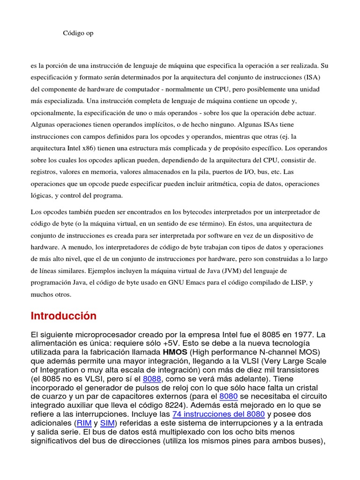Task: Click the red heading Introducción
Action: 64,316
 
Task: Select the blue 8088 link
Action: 152,379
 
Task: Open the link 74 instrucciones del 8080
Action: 218,414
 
